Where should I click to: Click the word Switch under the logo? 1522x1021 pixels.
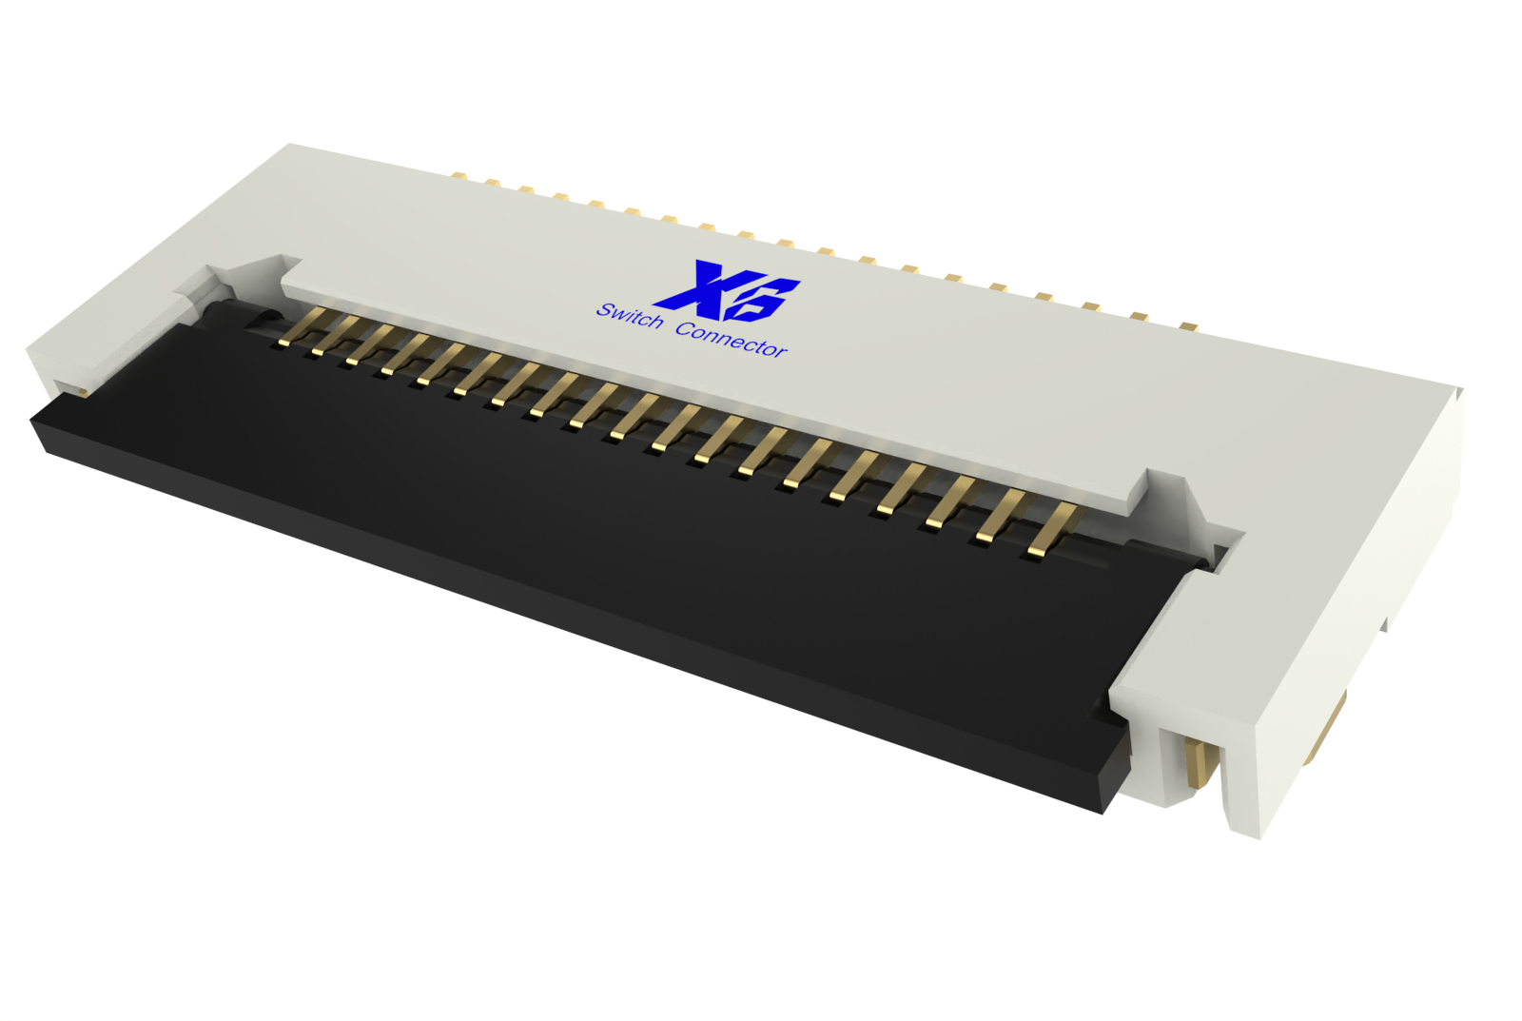[629, 316]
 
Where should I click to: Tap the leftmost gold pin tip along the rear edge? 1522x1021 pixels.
[458, 176]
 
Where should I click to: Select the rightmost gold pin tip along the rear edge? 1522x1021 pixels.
[1187, 326]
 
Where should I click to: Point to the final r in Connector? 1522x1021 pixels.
[782, 353]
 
